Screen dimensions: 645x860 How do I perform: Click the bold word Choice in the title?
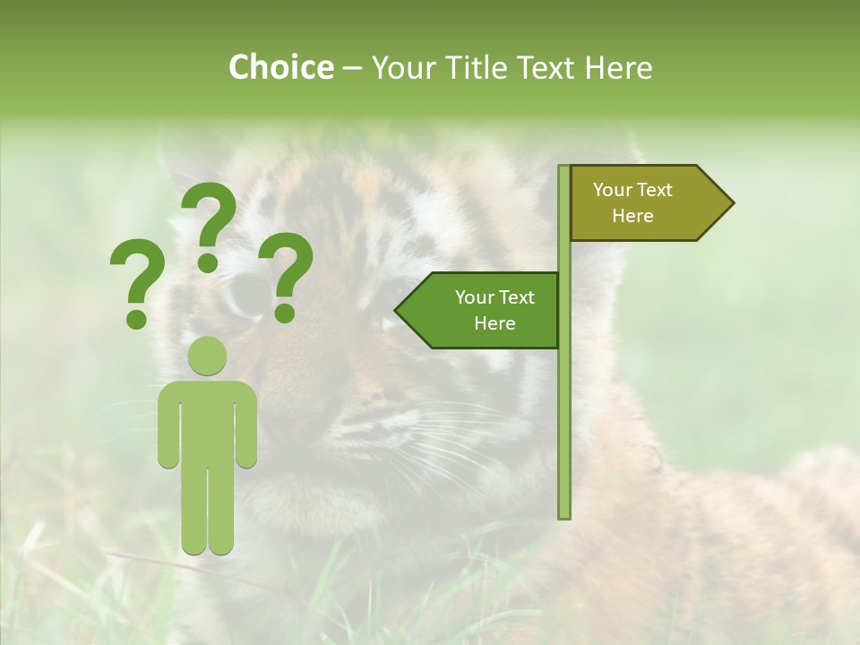280,67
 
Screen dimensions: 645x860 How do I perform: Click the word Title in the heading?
485,67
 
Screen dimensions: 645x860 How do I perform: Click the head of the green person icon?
207,356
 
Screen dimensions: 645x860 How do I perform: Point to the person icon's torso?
207,421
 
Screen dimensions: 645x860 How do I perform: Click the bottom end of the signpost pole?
564,514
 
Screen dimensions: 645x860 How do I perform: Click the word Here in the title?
619,67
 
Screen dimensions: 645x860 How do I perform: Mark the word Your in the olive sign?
614,190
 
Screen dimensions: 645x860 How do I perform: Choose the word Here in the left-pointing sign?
494,323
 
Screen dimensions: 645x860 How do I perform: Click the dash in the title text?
352,68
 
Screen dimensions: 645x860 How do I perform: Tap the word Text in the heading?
550,67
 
